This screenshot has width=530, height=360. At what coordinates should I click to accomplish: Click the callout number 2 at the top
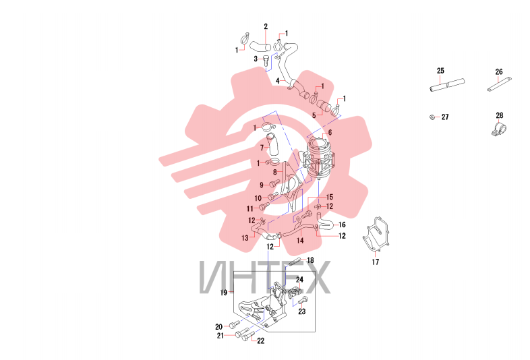266,26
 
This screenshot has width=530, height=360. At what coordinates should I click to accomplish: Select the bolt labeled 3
266,61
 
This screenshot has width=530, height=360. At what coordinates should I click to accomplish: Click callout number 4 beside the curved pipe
278,81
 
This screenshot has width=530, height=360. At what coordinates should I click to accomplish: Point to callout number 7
262,148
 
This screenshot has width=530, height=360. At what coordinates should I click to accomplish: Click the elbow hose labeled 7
272,144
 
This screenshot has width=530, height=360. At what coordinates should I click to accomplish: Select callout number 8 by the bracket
275,172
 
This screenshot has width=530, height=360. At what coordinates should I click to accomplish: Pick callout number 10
258,198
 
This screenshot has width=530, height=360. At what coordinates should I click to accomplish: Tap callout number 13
245,238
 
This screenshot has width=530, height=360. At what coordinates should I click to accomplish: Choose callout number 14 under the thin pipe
300,241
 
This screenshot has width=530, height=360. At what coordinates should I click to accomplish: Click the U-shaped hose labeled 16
324,223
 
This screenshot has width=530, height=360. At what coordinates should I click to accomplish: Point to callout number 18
310,260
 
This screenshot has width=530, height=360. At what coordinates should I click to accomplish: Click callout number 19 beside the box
224,293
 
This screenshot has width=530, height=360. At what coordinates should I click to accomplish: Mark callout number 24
300,280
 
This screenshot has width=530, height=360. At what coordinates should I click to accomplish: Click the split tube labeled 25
447,85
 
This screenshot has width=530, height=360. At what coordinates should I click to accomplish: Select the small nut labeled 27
432,117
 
